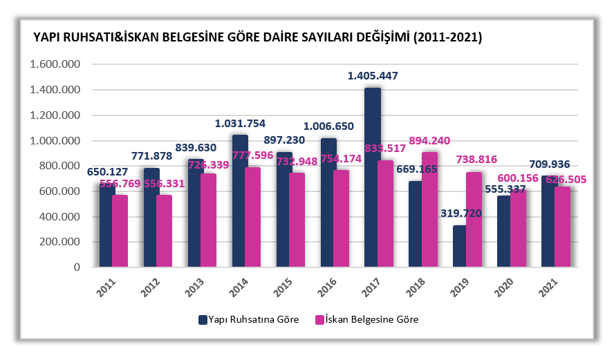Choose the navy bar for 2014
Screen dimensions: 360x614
pos(240,200)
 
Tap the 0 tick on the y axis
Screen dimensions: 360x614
pos(77,267)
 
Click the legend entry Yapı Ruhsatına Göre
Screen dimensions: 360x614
pos(249,319)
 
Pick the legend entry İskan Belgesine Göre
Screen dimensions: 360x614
pos(366,319)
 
